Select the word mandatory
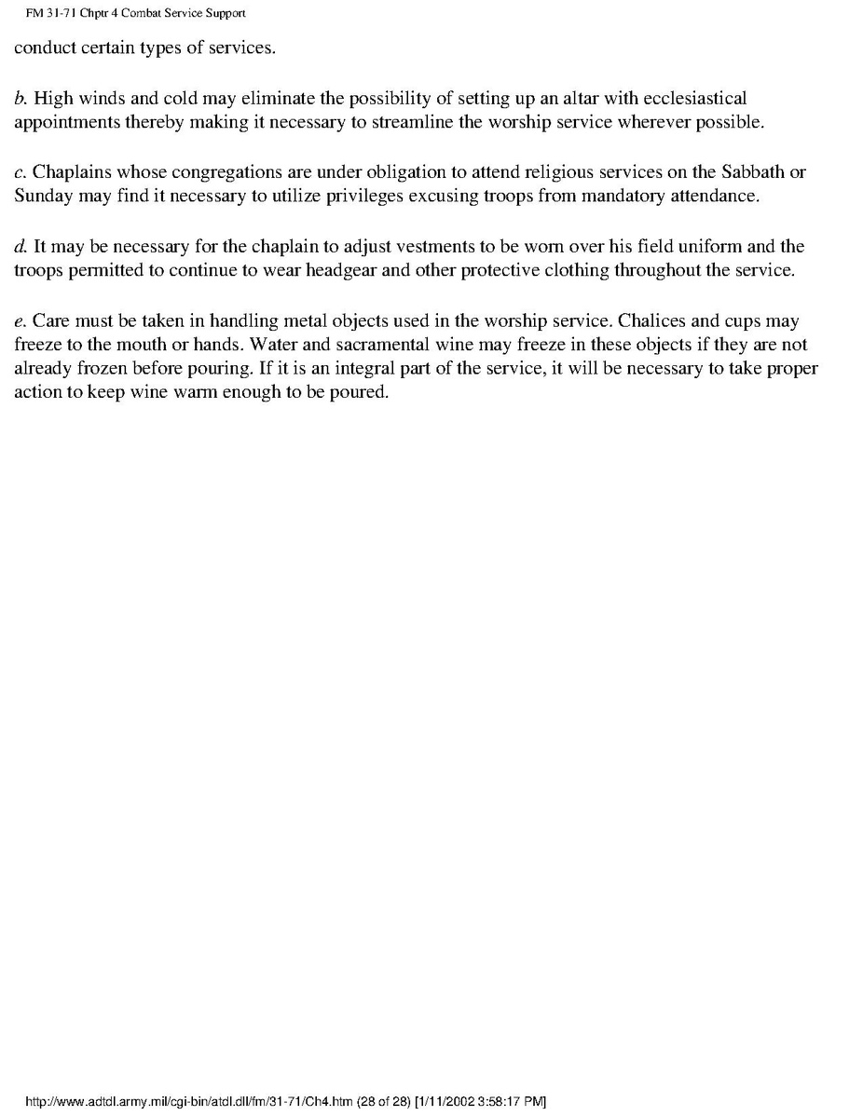(x=614, y=196)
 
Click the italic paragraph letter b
(x=20, y=98)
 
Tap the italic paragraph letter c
(x=20, y=172)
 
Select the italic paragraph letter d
(x=20, y=247)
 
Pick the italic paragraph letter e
(x=20, y=321)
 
